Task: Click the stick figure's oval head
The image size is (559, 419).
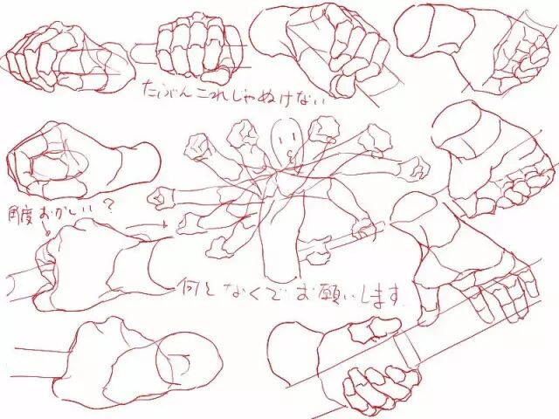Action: point(286,136)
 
